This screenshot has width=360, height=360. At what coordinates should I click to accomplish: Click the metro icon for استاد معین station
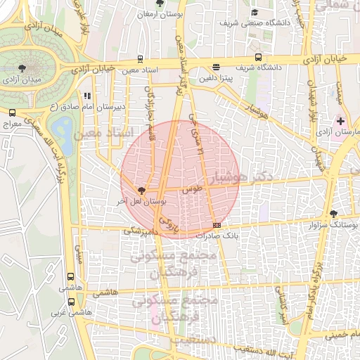coord(141,60)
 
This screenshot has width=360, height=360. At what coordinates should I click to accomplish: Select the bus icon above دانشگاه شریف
coord(258,57)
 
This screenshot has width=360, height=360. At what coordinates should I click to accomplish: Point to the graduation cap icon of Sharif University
coord(254,12)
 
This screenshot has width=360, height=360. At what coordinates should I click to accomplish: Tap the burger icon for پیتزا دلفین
coord(215,67)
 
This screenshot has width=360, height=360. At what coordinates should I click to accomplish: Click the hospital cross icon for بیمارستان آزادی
coord(340,122)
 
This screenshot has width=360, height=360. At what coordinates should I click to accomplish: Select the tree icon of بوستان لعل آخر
coord(141,191)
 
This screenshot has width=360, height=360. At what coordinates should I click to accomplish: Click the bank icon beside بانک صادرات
coord(216,226)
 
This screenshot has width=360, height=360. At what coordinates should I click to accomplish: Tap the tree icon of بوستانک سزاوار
coord(333,214)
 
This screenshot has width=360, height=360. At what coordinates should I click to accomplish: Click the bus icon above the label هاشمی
coord(70,278)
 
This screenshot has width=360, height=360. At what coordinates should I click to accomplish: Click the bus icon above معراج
coord(11,112)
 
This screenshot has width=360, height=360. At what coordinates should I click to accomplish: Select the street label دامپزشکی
coord(142,231)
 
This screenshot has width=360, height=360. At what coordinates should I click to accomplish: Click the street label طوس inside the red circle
coord(191,190)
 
